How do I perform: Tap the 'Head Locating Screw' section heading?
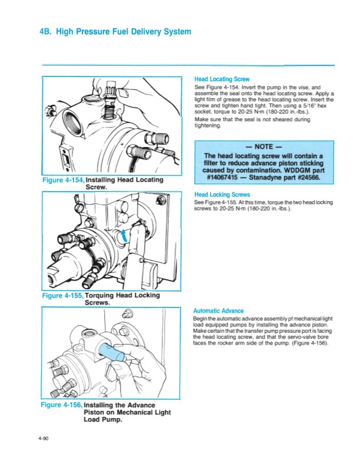point(222,79)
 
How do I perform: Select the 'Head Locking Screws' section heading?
point(222,195)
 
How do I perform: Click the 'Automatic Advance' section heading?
point(218,311)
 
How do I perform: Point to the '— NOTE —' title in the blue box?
point(264,147)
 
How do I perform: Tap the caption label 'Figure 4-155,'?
point(63,296)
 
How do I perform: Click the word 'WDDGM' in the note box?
point(296,169)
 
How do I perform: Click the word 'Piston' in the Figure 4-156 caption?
point(96,413)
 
